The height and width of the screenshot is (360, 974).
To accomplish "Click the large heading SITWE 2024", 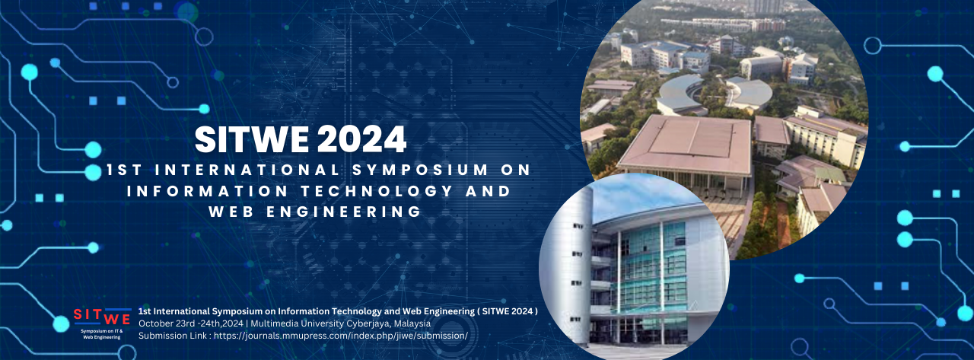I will point(301,139).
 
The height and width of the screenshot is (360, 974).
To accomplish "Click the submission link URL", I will point(340,336).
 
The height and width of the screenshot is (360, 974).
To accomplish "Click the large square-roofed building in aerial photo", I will point(685,145).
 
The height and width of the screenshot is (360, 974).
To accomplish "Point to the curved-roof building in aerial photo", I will point(681,95).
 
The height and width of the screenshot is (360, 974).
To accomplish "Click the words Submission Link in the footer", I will point(172,336).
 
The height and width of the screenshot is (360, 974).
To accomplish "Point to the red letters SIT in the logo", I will point(88,314).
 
